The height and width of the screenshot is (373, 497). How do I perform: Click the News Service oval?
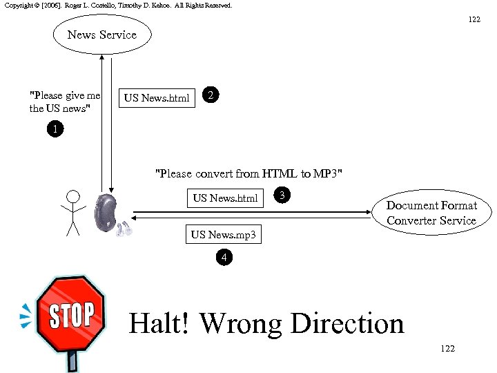click(x=102, y=35)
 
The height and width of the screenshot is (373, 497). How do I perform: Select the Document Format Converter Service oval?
click(x=431, y=213)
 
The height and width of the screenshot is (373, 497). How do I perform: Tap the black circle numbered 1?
click(x=55, y=129)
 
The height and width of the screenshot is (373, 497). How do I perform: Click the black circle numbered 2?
click(x=213, y=96)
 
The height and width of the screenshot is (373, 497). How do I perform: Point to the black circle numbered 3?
click(x=281, y=195)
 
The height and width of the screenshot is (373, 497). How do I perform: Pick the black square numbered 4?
click(x=223, y=258)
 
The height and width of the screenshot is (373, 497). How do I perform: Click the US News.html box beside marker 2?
click(x=157, y=98)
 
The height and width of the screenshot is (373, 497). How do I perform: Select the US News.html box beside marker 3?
click(x=226, y=198)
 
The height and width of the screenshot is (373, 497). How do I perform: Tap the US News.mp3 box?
click(x=224, y=235)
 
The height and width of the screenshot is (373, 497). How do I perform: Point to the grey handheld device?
click(x=108, y=213)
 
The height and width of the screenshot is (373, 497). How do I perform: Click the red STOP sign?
click(x=70, y=316)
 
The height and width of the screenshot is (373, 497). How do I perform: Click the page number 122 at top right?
click(x=474, y=19)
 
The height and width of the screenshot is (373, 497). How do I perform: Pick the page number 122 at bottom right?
click(x=447, y=349)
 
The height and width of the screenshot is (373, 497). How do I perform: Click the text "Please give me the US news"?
click(x=65, y=102)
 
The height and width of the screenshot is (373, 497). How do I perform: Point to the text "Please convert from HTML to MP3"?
click(x=248, y=173)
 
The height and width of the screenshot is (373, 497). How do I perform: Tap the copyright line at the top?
click(x=118, y=5)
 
